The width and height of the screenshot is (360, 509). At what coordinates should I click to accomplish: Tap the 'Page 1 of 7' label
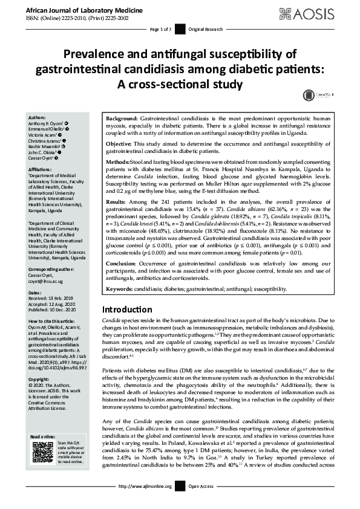(x=160, y=29)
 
